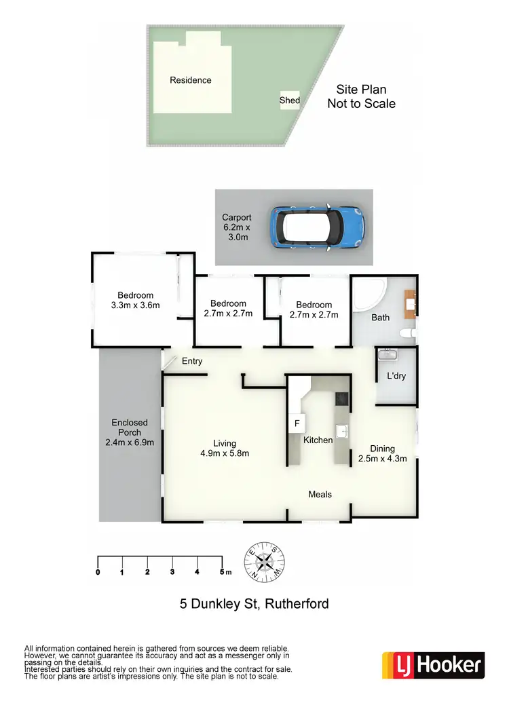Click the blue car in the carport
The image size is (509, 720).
pyautogui.click(x=318, y=227)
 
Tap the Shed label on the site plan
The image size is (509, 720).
pyautogui.click(x=290, y=100)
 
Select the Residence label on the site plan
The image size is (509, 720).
pyautogui.click(x=190, y=80)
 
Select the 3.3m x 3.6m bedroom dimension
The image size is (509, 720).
pyautogui.click(x=135, y=305)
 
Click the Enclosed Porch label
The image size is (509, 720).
pyautogui.click(x=130, y=432)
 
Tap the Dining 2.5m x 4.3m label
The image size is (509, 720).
pyautogui.click(x=382, y=453)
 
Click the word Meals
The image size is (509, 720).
pyautogui.click(x=320, y=494)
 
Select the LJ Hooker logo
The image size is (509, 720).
pyautogui.click(x=433, y=664)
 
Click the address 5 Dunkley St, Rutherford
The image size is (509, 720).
pyautogui.click(x=254, y=603)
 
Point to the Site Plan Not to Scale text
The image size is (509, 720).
pyautogui.click(x=361, y=96)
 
